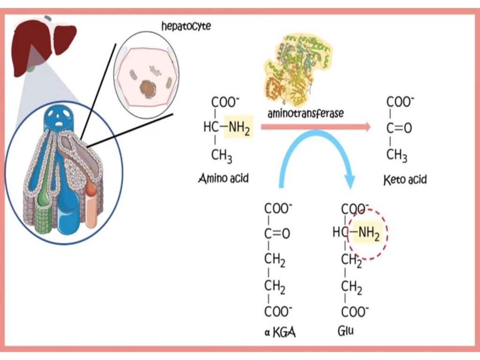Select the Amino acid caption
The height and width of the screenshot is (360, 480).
pyautogui.click(x=223, y=178)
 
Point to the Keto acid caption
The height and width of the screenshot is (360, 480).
pyautogui.click(x=405, y=179)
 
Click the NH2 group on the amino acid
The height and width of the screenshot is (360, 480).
pyautogui.click(x=239, y=127)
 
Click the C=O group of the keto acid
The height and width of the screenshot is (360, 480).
pyautogui.click(x=399, y=127)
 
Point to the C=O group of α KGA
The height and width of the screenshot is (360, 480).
pyautogui.click(x=277, y=233)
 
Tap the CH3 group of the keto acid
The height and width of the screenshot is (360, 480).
pyautogui.click(x=397, y=155)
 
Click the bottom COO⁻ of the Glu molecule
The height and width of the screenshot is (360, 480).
pyautogui.click(x=354, y=311)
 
